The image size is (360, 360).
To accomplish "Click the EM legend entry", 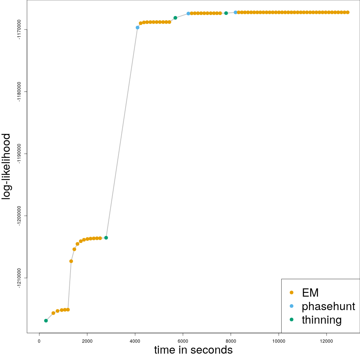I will (310, 292).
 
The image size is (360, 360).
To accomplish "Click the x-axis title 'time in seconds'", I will (193, 350).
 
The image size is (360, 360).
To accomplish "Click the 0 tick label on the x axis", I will (39, 341).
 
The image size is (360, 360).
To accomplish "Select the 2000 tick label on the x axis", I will (87, 341).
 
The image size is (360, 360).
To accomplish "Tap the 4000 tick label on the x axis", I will (135, 341).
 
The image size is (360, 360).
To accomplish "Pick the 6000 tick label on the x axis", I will (183, 341).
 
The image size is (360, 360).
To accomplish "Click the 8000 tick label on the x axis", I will (231, 341).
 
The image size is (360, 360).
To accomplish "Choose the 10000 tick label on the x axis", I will (279, 341).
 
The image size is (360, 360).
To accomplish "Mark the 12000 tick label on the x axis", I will (327, 341).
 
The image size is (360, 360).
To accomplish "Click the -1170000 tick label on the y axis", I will (19, 29).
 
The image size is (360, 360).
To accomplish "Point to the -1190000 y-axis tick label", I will (19, 154).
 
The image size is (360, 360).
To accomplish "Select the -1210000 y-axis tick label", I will (19, 278).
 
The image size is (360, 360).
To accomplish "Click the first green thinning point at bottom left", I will (46, 321).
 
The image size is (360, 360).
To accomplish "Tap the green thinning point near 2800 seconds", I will (106, 238).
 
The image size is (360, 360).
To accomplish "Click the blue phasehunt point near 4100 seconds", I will (138, 27).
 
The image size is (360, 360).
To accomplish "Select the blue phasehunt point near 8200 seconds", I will (235, 12).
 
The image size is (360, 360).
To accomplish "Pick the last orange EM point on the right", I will (348, 12).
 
